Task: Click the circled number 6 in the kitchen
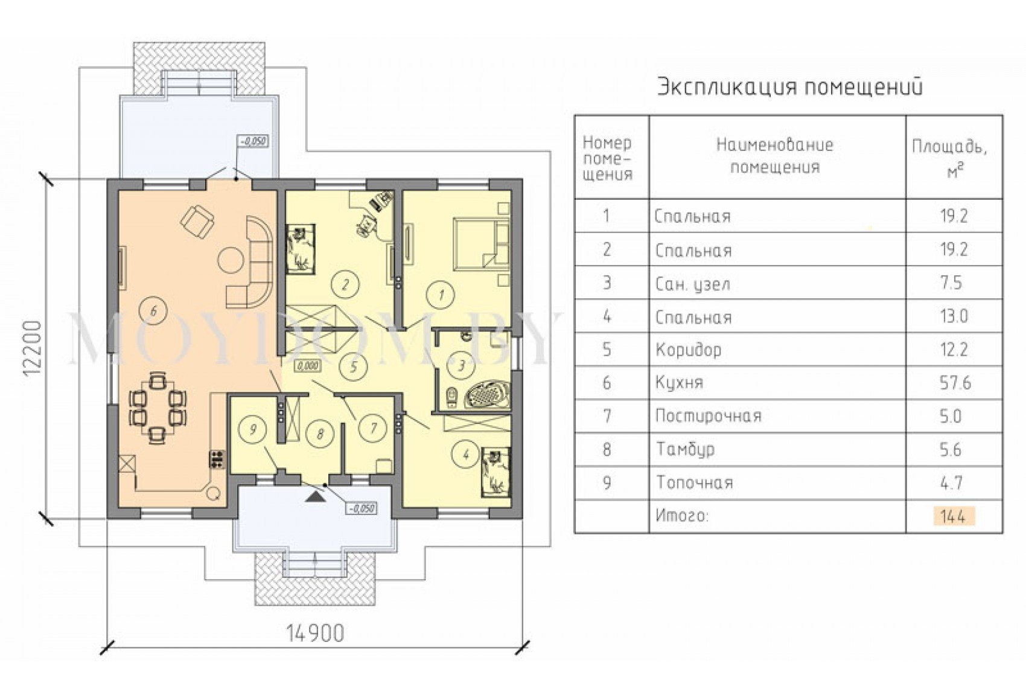pos(153,311)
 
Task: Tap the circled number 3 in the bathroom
pos(462,365)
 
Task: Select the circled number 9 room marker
pos(252,429)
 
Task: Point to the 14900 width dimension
pos(315,634)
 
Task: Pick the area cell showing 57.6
pos(955,383)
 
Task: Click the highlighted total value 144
pos(953,516)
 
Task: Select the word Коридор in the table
pos(689,350)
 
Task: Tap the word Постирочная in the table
pos(708,416)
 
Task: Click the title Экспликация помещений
pos(790,87)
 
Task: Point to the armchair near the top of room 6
pos(197,222)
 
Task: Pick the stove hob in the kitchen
pos(217,459)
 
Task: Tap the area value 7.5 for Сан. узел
pos(951,283)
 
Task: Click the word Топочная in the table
pos(695,483)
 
